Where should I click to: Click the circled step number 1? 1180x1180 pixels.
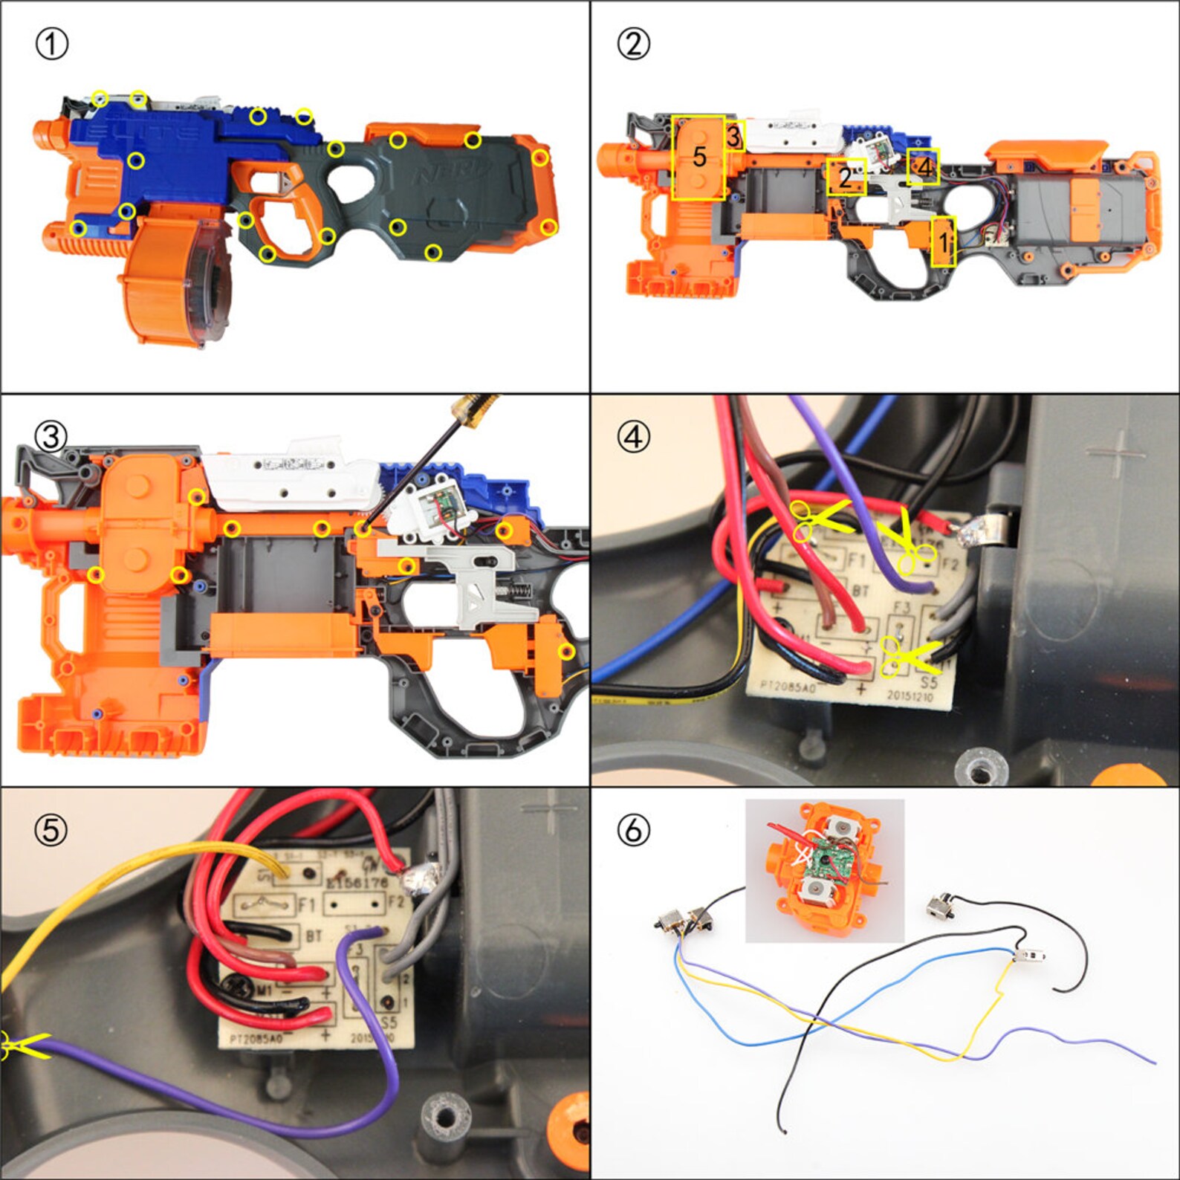pyautogui.click(x=51, y=44)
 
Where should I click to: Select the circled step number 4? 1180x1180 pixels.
pyautogui.click(x=633, y=437)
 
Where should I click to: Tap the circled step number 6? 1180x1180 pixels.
pyautogui.click(x=633, y=830)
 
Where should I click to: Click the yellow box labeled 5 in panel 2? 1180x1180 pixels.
pyautogui.click(x=698, y=157)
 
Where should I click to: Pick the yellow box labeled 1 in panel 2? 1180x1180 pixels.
pyautogui.click(x=943, y=241)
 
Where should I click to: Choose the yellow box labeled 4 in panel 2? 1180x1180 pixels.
pyautogui.click(x=924, y=167)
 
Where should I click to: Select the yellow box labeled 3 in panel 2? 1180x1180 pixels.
pyautogui.click(x=734, y=136)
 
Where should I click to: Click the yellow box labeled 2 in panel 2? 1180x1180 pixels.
pyautogui.click(x=846, y=177)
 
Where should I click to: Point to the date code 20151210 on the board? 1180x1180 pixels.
pyautogui.click(x=910, y=696)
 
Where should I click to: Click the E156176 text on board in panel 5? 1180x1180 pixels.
pyautogui.click(x=357, y=882)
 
